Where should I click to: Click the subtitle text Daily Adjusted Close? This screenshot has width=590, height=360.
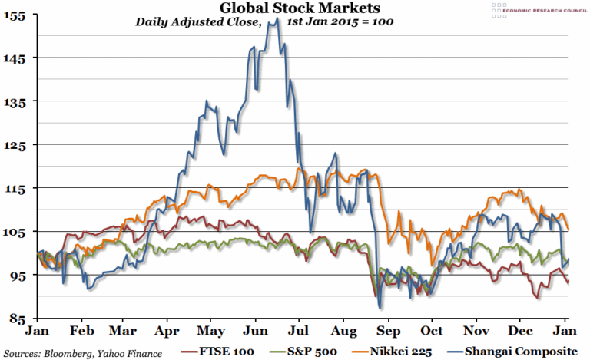tap(198, 22)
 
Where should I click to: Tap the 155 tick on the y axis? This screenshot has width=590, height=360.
tap(15, 15)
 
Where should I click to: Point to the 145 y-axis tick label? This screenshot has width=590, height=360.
tap(15, 59)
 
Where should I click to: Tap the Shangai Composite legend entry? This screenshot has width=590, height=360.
tap(522, 352)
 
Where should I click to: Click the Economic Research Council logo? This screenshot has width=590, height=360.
tap(531, 9)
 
